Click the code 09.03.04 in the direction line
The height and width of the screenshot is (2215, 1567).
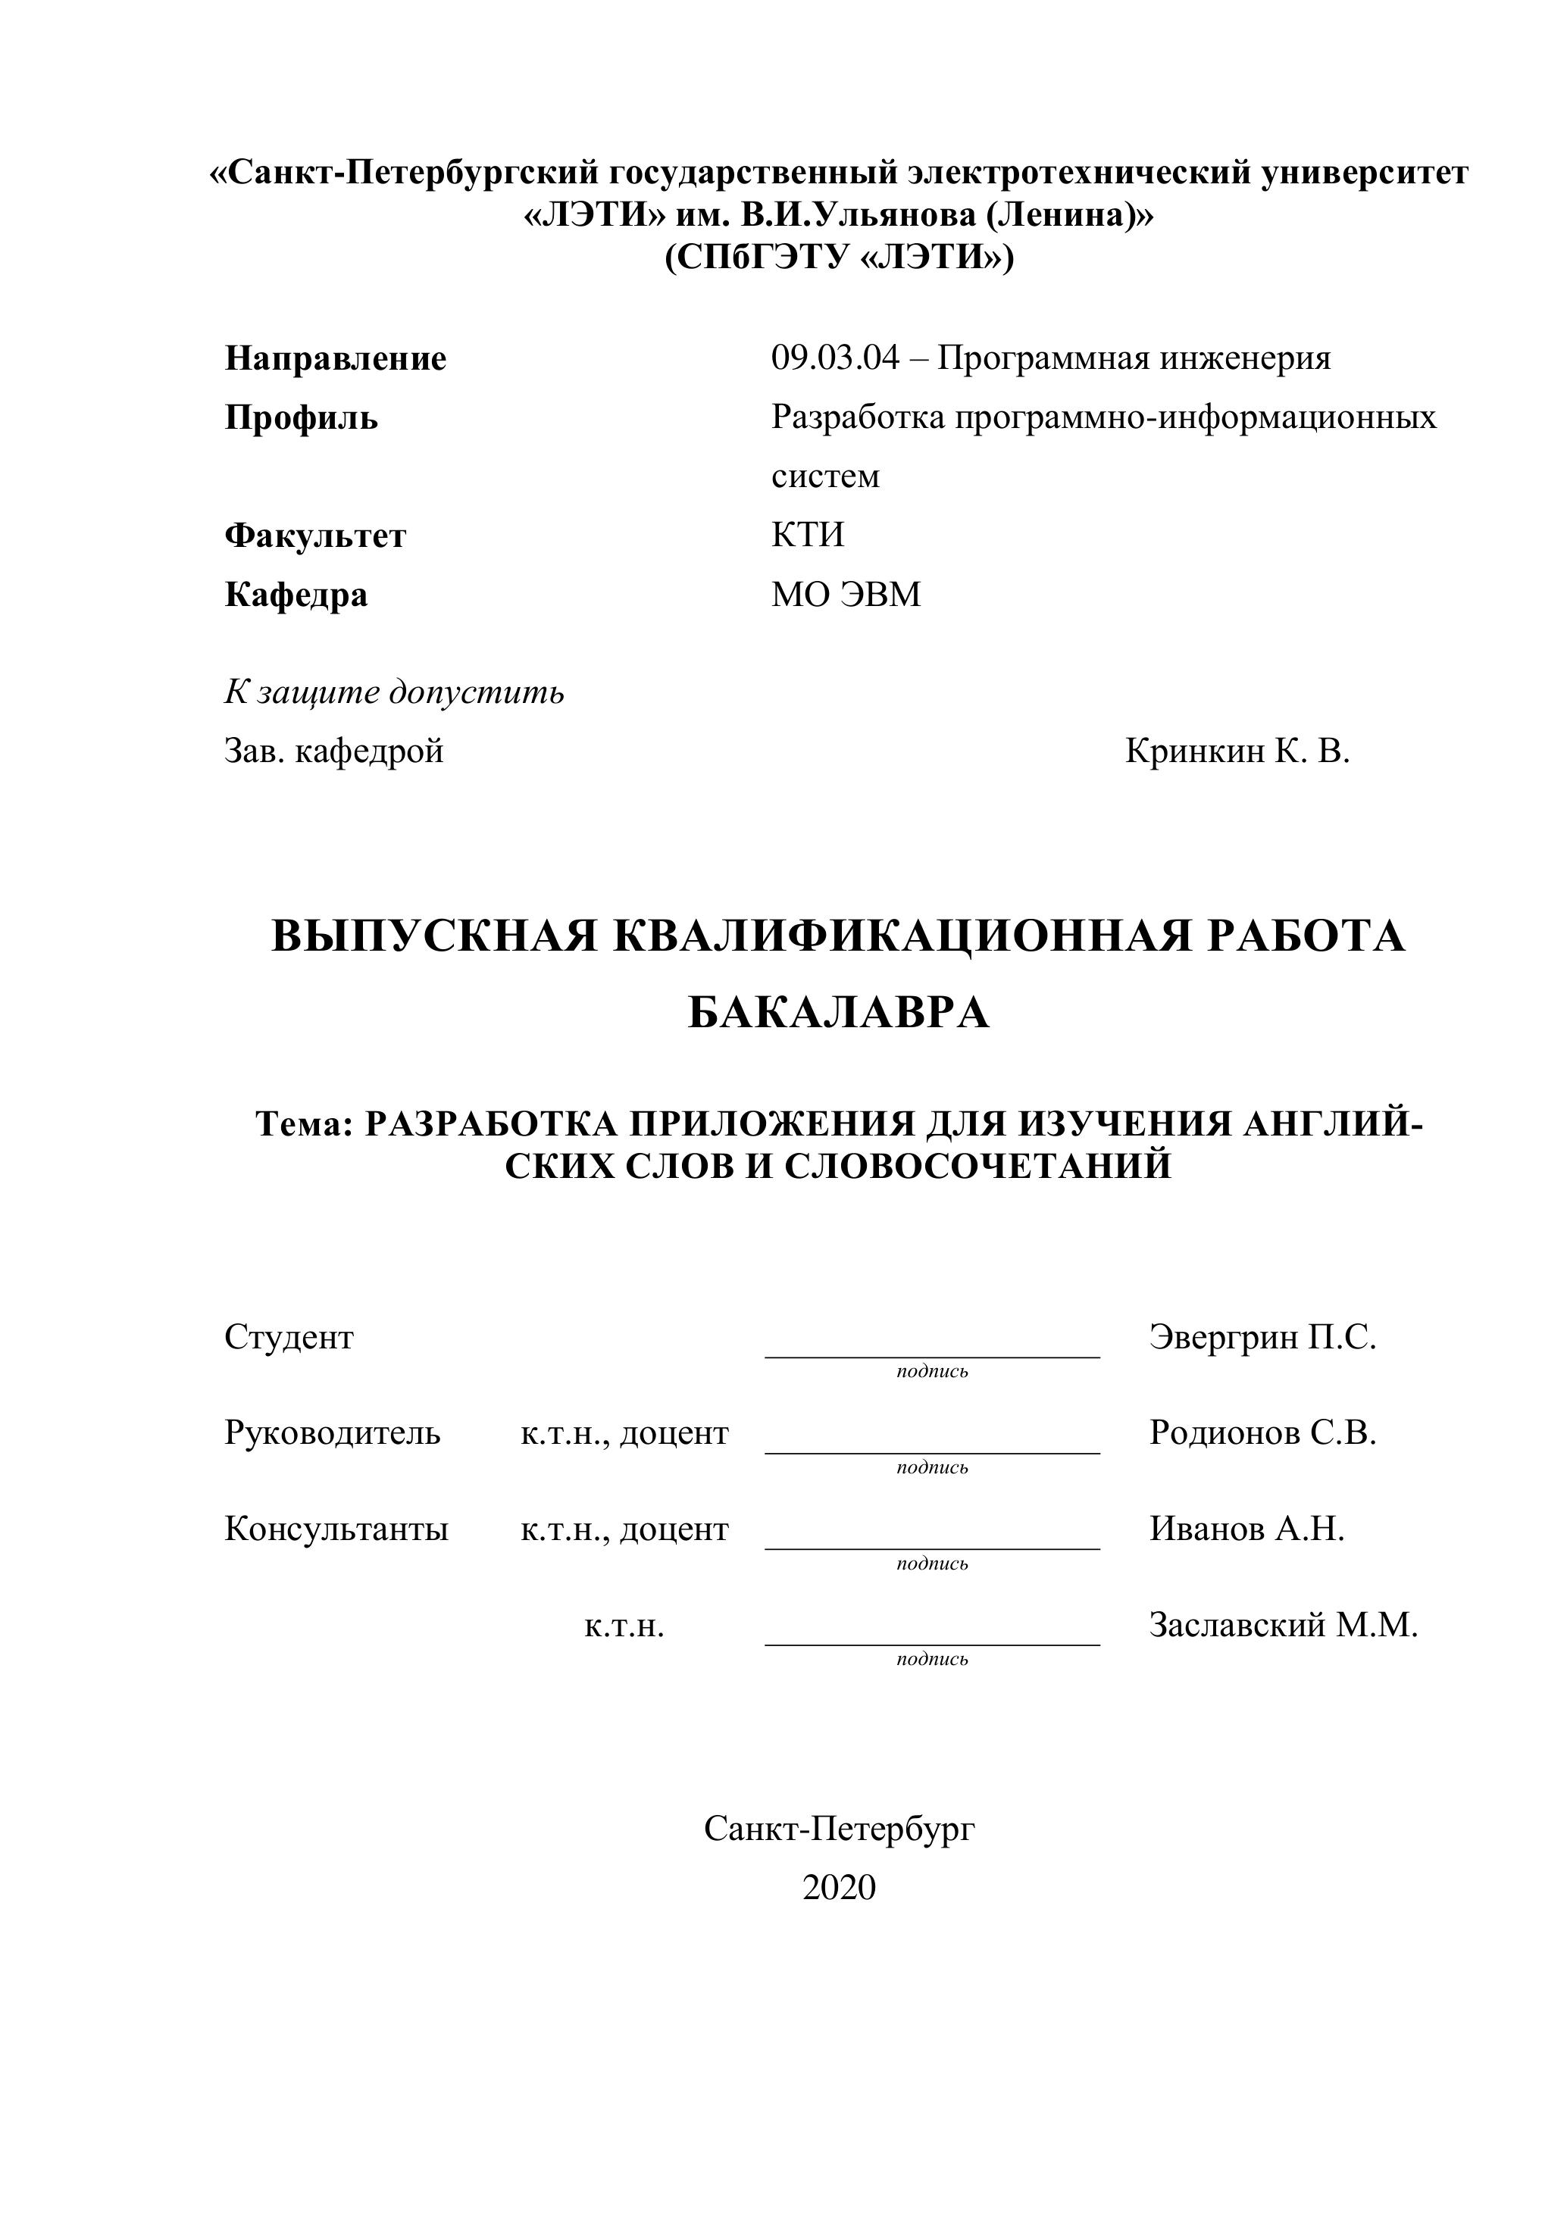(x=834, y=359)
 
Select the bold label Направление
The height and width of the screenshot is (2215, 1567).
(x=335, y=359)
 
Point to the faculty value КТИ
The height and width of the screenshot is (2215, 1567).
(x=808, y=535)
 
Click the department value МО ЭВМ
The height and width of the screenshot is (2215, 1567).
(x=845, y=594)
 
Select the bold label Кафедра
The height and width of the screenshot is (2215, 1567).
(x=296, y=594)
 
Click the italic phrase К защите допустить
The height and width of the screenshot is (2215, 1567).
(x=394, y=692)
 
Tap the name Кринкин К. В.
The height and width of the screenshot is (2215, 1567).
(x=1237, y=751)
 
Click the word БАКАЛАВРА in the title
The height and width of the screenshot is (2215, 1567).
(x=839, y=1013)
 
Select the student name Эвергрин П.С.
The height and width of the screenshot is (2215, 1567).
(x=1262, y=1337)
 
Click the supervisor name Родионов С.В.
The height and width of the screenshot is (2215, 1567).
(x=1262, y=1433)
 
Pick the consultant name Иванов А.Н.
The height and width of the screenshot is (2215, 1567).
(x=1246, y=1529)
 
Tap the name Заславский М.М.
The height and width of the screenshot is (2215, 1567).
(x=1284, y=1626)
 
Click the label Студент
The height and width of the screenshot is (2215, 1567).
(x=289, y=1337)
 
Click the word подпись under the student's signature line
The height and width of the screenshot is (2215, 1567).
(x=932, y=1371)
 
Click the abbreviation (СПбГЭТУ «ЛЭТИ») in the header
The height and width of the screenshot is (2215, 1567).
(x=839, y=258)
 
